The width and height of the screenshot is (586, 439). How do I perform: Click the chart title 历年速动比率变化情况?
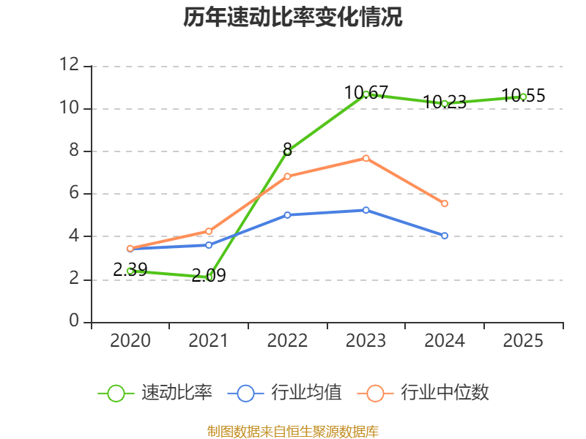click(292, 17)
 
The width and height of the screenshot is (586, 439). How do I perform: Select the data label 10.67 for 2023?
click(366, 93)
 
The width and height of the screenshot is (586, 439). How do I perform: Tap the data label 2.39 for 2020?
click(130, 269)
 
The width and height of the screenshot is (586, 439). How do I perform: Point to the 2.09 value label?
click(209, 276)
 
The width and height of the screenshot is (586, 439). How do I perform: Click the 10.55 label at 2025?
click(523, 96)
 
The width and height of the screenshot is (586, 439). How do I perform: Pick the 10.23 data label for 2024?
click(445, 102)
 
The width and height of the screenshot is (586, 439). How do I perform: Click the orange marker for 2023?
click(366, 159)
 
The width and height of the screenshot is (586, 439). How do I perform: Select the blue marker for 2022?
click(287, 215)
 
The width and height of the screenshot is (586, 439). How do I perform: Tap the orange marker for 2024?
click(445, 203)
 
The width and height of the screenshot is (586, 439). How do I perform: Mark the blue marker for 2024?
click(445, 236)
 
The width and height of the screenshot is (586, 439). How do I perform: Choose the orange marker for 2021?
click(209, 231)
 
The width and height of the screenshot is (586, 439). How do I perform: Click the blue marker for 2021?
click(209, 245)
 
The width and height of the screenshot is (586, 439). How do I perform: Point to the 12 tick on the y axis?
click(70, 64)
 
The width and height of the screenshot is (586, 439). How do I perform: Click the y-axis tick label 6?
click(74, 193)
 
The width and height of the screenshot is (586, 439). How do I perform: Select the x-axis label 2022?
click(287, 340)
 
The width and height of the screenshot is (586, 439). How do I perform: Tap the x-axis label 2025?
click(523, 340)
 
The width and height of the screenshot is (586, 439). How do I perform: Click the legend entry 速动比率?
click(155, 393)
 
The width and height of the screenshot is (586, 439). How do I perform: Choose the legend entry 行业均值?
click(284, 393)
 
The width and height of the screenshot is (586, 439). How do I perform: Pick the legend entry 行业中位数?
click(423, 393)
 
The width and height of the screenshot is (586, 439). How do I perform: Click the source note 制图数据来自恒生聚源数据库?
click(293, 432)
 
